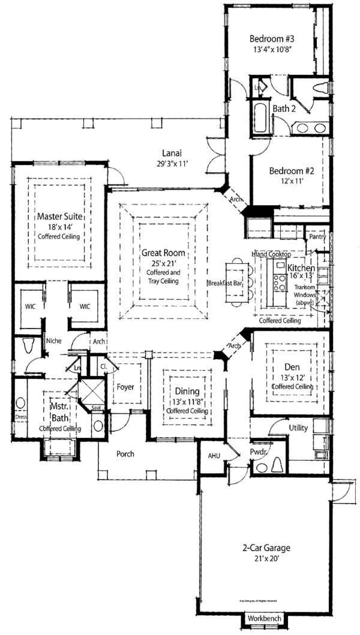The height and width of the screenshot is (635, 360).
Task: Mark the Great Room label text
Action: click(x=158, y=254)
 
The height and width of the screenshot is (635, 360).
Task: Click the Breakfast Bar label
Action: click(x=225, y=282)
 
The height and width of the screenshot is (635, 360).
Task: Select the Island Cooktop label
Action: click(x=271, y=255)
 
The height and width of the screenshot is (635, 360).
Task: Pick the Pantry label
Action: click(x=318, y=237)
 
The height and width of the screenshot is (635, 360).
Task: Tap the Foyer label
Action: click(x=125, y=387)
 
